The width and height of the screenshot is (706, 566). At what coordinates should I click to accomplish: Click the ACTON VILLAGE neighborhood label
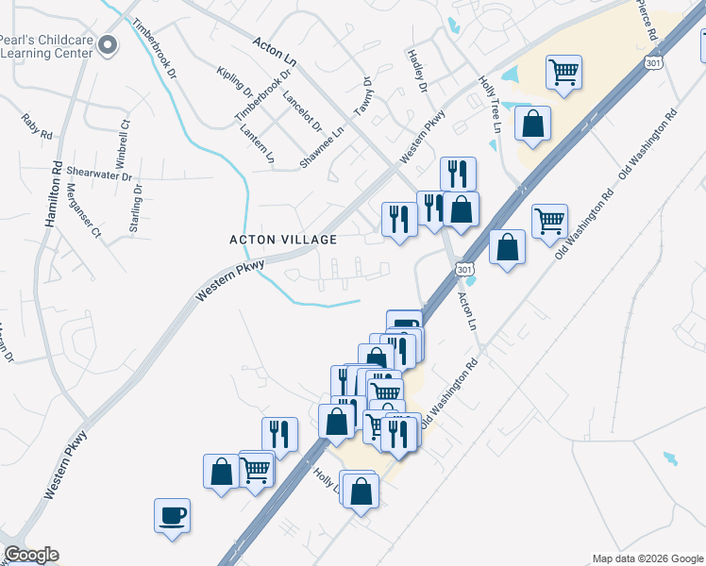coord(283,240)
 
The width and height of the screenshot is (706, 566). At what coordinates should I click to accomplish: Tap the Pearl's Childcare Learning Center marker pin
coord(108,43)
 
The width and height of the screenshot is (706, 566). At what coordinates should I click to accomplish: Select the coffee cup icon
coord(172,515)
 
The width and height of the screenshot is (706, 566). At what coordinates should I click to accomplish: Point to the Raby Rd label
coord(37,127)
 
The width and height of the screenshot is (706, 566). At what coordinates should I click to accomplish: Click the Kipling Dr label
coord(234,84)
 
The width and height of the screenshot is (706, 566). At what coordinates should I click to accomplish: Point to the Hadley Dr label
coord(416,70)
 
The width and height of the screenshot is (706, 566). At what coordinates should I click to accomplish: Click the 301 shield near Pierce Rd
coord(652,61)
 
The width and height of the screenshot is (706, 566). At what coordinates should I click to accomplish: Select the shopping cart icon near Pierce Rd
coord(563,71)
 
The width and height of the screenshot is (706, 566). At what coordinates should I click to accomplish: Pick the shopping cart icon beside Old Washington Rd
coord(549,222)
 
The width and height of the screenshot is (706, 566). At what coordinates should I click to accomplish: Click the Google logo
coord(30,556)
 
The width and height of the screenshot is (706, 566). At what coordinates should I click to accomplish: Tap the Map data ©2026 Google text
coord(647,558)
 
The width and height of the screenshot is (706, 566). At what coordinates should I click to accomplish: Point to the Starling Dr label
coord(138,203)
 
